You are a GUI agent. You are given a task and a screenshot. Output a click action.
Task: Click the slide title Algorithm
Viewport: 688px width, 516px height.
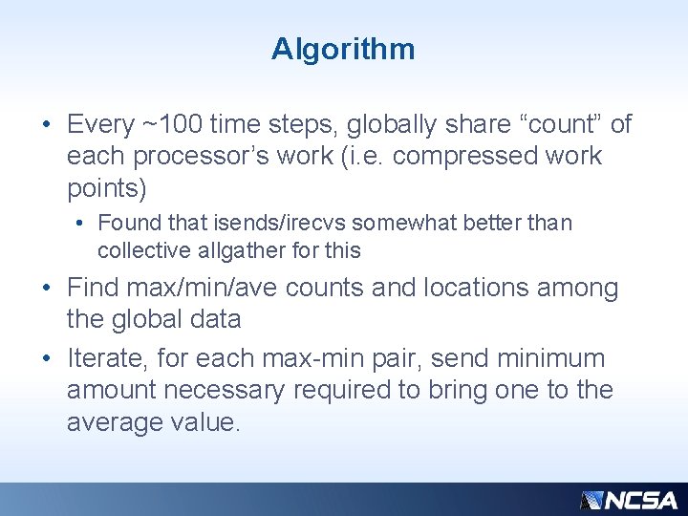coord(343,49)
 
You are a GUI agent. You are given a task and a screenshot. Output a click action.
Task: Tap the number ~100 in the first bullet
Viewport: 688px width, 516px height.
coord(173,124)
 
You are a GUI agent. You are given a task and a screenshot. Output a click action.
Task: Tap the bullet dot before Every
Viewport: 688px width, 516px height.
coord(47,125)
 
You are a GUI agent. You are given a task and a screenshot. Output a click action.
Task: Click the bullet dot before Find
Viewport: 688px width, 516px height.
coord(47,289)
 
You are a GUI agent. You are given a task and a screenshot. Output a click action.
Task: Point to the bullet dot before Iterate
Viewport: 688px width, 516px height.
coord(47,359)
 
